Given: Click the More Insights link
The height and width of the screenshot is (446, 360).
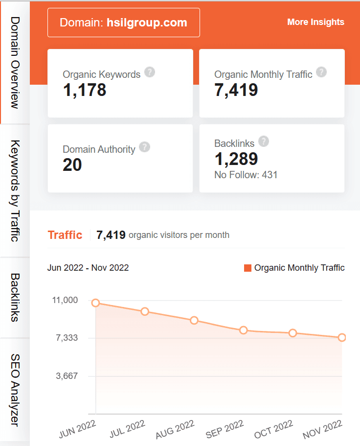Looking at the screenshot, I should coord(315,22).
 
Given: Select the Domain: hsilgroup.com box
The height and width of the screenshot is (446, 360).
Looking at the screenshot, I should coord(123,23).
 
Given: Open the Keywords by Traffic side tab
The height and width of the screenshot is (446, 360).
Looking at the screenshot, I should coord(15,191).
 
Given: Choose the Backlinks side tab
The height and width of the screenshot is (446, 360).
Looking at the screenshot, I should coord(15,297).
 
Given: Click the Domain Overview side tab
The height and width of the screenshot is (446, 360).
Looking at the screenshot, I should coord(15,62).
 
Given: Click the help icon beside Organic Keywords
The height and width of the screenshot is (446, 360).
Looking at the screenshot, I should coord(150,72).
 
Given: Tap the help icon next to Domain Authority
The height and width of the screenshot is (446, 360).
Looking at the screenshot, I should coord(144,147).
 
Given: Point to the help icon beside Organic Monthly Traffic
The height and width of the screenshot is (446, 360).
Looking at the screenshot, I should coord(321,72).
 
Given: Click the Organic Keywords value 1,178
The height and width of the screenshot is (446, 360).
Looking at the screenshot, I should coord(85,90).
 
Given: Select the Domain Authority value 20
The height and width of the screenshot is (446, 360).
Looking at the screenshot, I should coord(72,165).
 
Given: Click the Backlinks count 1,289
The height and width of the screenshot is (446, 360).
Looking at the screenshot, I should coord(236,159).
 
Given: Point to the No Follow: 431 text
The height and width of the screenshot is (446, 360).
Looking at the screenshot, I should coord(246,174).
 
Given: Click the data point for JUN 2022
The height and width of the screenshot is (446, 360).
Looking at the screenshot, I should coord(96,303).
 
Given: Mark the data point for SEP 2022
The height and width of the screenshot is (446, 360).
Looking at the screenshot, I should coord(244,330).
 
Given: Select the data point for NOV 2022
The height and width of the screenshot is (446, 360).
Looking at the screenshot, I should coord(342,337).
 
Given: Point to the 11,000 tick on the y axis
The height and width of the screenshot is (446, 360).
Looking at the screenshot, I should coord(65,300).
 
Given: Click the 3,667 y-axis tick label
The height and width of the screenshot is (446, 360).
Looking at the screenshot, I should coord(67,376).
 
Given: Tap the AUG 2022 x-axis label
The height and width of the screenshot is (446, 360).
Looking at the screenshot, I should coord(175,429).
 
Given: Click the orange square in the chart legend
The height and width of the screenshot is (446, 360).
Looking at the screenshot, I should coord(247,268).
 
